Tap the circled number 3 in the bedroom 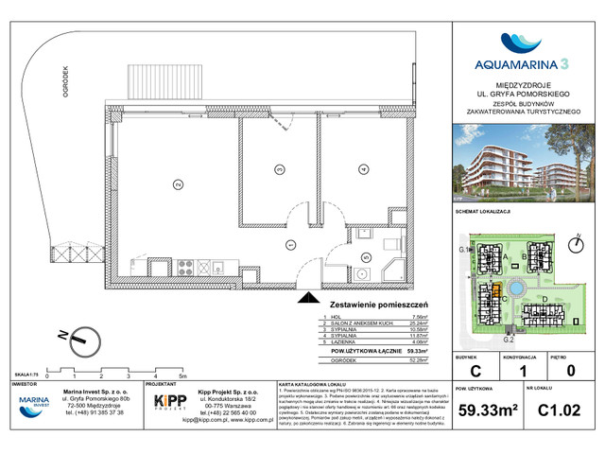click(279, 170)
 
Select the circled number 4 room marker click(363, 170)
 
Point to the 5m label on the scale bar click(180, 375)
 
